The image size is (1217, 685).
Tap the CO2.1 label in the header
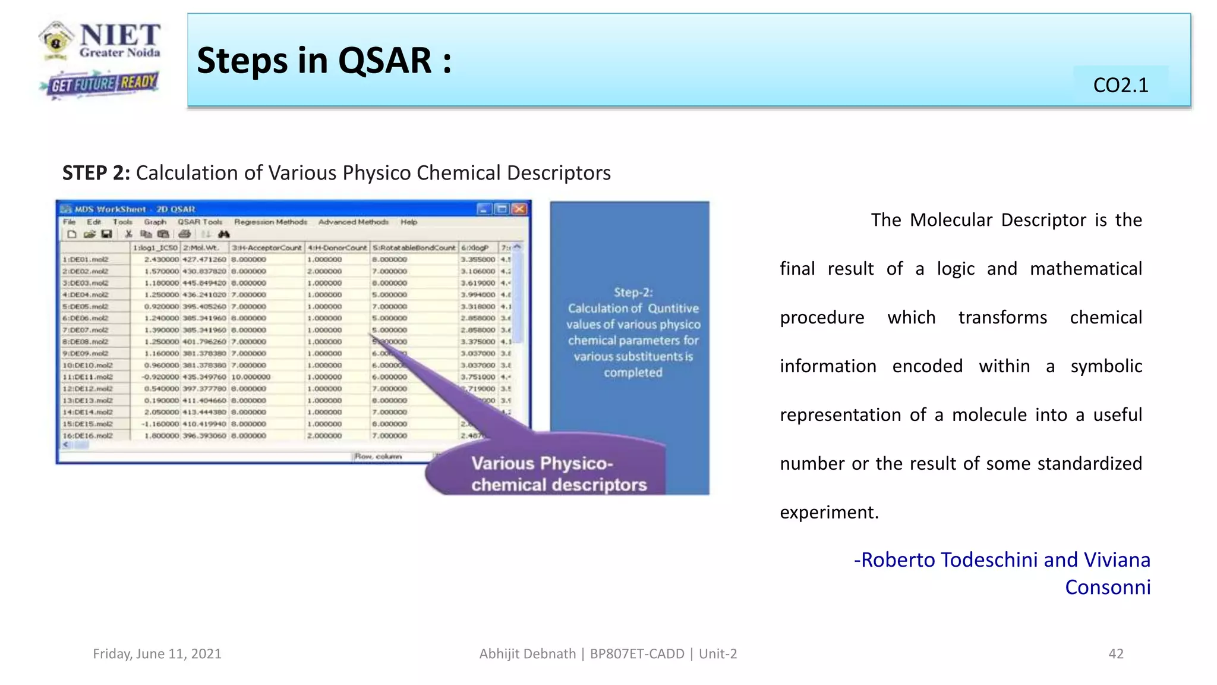[1120, 85]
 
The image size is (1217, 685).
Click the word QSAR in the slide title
[385, 61]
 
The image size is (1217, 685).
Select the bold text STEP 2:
[96, 173]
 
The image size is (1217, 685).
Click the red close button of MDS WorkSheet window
[519, 209]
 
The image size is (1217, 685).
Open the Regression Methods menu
[270, 222]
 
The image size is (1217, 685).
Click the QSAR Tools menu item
[200, 222]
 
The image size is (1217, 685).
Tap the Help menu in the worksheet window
[409, 222]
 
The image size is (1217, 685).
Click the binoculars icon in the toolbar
[223, 234]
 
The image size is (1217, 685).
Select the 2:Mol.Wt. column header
[202, 247]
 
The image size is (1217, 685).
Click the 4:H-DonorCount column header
[337, 247]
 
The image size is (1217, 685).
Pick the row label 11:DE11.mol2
[88, 377]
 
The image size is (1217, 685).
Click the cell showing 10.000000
[251, 377]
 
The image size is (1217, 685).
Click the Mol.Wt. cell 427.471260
[204, 259]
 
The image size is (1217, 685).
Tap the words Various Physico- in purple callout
[541, 463]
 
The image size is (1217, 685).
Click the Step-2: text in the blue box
[633, 292]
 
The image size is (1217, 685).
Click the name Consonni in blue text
[1107, 587]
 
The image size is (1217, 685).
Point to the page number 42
[1115, 653]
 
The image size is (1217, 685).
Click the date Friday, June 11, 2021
[157, 653]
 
